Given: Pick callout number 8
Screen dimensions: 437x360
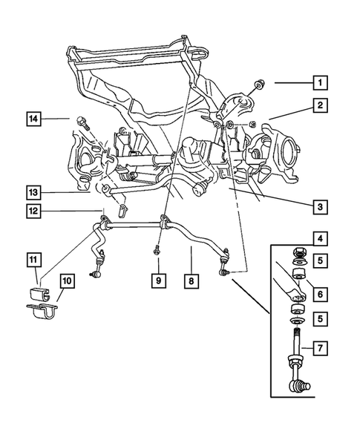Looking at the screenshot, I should coord(191,281).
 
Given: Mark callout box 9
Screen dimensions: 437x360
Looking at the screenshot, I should coord(158,281).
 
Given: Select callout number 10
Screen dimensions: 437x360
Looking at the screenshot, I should coord(67,281).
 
